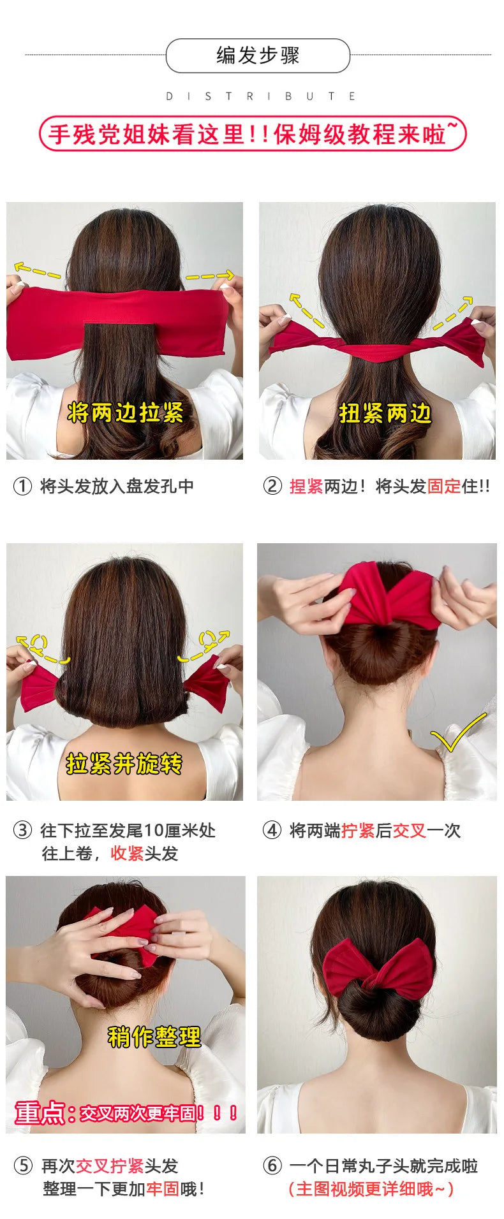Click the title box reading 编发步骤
click(258, 55)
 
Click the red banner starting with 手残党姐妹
click(253, 134)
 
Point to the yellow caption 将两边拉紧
click(125, 412)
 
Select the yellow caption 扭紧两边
click(385, 413)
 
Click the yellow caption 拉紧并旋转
click(124, 763)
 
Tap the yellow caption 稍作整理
click(154, 1037)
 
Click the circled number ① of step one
click(22, 486)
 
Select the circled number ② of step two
click(272, 486)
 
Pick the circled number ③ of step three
click(22, 830)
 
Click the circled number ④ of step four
click(272, 830)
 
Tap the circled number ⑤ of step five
click(23, 1166)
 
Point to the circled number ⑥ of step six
click(272, 1166)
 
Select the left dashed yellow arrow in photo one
click(38, 270)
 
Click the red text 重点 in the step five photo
click(40, 1113)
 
